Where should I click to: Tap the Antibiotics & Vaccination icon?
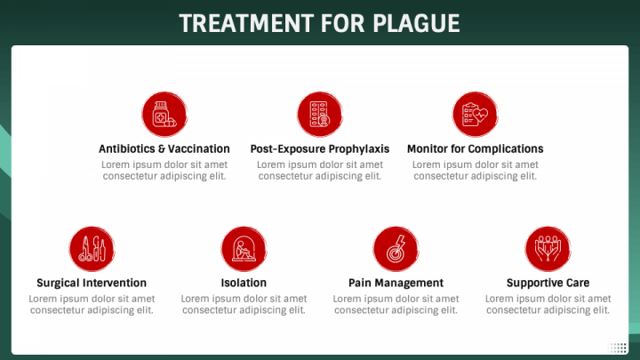point(164,115)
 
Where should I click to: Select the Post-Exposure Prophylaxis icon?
point(319,115)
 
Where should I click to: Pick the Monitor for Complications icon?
point(475,115)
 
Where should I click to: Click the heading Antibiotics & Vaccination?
point(164,149)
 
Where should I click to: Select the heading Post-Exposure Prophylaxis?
point(320,149)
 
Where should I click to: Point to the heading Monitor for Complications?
point(475,149)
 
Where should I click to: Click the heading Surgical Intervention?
point(92,284)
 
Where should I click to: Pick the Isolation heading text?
point(244,284)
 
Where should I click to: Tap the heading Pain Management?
point(396,284)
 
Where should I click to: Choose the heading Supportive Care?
point(548,284)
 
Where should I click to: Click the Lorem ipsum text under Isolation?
point(244,305)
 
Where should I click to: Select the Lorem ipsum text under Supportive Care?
point(548,305)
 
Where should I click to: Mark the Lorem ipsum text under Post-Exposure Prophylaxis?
point(320,171)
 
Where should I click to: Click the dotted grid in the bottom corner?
point(618,348)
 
